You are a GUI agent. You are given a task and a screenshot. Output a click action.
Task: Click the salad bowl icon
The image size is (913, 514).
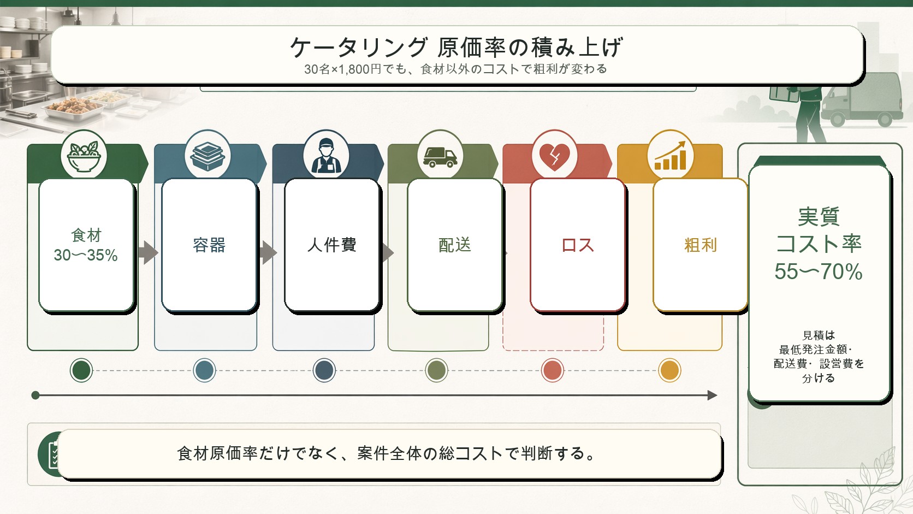point(84,156)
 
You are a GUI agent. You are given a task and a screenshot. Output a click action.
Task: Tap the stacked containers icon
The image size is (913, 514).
point(207,156)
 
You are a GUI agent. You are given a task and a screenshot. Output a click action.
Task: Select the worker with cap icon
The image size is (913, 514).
point(326,156)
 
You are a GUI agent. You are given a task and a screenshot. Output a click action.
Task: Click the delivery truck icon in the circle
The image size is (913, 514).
point(440,157)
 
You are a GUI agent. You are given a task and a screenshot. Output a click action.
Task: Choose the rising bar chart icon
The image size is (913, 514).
point(671,155)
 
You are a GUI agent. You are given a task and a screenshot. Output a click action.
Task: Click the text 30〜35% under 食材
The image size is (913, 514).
point(86,255)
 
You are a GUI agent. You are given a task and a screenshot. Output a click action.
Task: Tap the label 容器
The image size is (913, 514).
point(209,245)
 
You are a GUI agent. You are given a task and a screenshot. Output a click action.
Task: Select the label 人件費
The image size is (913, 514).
point(332,245)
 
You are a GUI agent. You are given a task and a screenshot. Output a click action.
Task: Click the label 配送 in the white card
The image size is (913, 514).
point(455,245)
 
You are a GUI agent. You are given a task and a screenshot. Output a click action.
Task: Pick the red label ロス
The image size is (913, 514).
point(578,245)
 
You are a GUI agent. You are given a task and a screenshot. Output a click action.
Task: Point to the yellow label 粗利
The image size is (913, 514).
point(701,245)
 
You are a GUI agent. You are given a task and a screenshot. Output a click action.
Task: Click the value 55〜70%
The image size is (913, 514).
point(819,271)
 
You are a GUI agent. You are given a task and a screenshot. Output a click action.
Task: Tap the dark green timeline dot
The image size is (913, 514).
point(81,370)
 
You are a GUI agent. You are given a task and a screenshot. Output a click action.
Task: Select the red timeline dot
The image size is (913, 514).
point(552,370)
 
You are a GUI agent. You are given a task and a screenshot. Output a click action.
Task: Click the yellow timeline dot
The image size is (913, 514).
point(669,370)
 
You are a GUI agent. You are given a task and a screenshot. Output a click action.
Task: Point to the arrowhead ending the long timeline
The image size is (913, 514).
point(713,395)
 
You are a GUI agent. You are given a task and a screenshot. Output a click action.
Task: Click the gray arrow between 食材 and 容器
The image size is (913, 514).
point(148,253)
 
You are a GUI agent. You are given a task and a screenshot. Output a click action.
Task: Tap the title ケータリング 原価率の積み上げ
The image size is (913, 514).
point(456,47)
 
